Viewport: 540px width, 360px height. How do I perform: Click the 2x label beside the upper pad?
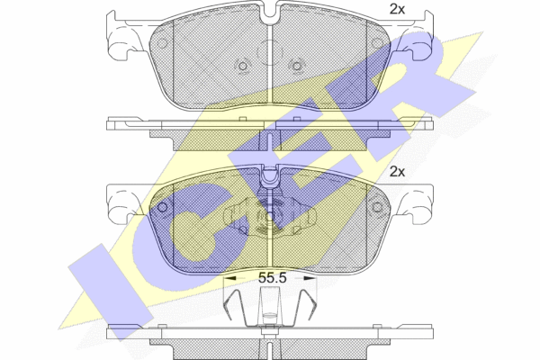pyautogui.click(x=397, y=9)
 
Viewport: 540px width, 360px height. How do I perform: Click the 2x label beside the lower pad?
pyautogui.click(x=397, y=171)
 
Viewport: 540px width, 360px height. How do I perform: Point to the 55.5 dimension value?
pyautogui.click(x=272, y=278)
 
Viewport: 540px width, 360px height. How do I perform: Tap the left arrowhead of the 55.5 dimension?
pyautogui.click(x=229, y=278)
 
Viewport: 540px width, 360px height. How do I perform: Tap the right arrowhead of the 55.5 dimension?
pyautogui.click(x=310, y=278)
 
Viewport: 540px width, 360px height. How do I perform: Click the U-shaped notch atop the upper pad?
pyautogui.click(x=270, y=13)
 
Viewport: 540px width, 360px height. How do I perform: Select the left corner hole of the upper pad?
pyautogui.click(x=162, y=43)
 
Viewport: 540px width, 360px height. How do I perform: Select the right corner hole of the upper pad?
pyautogui.click(x=377, y=43)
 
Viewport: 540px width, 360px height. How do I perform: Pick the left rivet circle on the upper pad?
pyautogui.click(x=243, y=66)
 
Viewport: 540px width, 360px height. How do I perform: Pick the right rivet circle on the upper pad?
pyautogui.click(x=297, y=66)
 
